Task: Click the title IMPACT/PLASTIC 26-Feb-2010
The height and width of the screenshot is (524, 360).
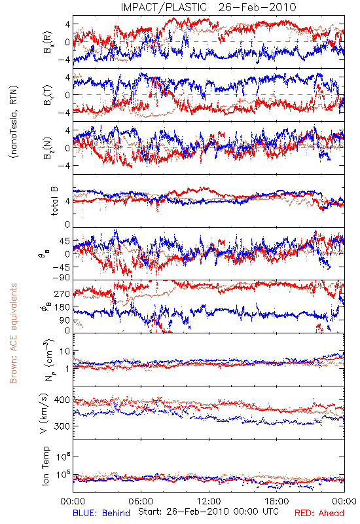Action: point(208,7)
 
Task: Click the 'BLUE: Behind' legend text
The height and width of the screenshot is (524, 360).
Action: point(101,514)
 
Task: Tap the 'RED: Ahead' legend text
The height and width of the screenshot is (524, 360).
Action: point(319,514)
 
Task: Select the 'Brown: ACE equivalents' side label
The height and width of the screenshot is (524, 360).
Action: point(13,333)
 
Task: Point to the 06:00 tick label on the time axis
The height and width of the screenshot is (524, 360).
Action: point(141,501)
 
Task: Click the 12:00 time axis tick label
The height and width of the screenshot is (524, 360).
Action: point(209,501)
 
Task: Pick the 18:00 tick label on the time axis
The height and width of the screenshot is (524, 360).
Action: point(277,501)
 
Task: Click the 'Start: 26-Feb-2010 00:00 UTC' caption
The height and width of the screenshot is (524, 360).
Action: point(208,512)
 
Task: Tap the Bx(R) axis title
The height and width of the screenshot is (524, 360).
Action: point(47,43)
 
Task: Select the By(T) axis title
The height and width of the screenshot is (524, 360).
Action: point(47,95)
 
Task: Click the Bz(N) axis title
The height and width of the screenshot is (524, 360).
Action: point(47,148)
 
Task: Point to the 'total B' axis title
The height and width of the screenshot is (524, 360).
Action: point(54,201)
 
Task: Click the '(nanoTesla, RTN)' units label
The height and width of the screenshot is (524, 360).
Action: point(14,122)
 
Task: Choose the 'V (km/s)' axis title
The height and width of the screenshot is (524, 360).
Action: point(45,413)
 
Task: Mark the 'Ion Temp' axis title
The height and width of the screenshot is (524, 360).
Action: point(45,466)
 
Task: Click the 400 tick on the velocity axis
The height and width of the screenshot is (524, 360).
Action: point(62,400)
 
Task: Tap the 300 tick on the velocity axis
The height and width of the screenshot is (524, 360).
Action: point(62,426)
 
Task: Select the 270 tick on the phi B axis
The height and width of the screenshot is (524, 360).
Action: point(62,294)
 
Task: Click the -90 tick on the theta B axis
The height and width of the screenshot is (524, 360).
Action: point(62,278)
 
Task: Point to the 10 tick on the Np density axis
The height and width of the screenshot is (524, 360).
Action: point(65,352)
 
